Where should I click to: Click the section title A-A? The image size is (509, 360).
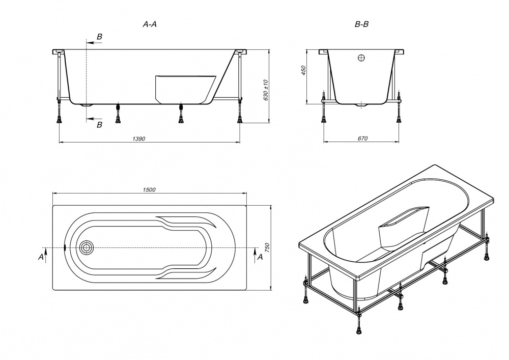point(149,24)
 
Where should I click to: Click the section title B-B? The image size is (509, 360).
point(361,24)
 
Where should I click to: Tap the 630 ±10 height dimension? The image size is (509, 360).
point(266,90)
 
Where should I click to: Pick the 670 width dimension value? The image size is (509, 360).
point(361,139)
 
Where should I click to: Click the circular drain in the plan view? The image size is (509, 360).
point(87,248)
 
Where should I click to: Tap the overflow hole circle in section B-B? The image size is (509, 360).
point(361,58)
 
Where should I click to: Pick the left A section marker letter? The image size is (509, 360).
point(41,258)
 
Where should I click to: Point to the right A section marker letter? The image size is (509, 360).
point(260,257)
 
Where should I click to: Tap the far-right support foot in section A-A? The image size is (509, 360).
point(240,118)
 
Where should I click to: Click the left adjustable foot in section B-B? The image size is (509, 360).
point(324,118)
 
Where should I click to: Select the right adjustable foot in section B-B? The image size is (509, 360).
point(399,118)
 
